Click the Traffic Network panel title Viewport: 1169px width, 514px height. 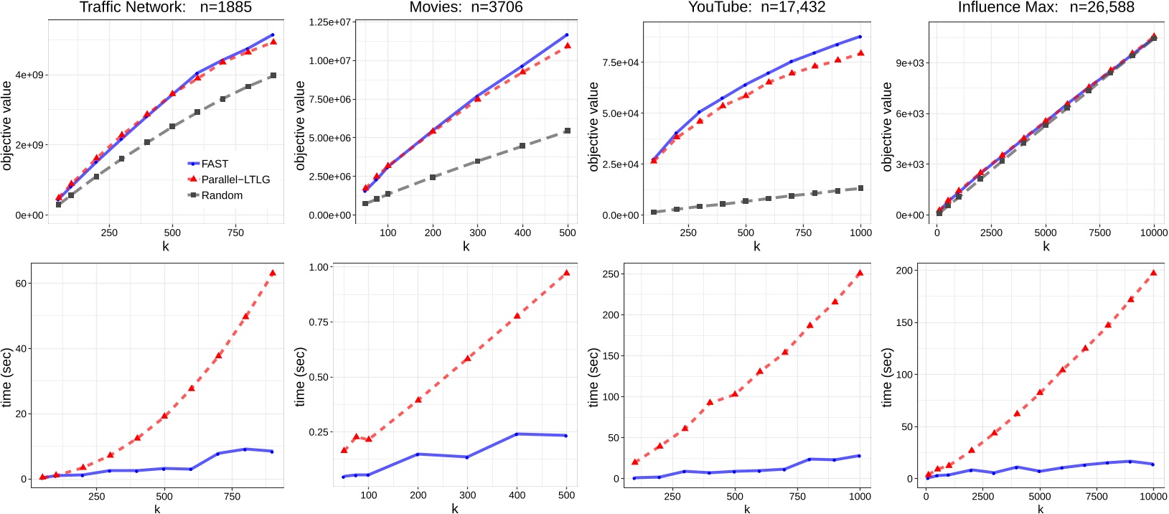[x=165, y=8]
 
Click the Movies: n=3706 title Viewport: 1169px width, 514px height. [x=466, y=8]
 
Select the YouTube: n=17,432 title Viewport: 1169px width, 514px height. [x=756, y=8]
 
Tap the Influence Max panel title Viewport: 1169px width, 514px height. [x=1046, y=8]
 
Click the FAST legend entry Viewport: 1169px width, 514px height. [x=215, y=164]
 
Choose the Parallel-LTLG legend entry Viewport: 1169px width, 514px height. [x=235, y=179]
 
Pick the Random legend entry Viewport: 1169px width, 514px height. [x=222, y=195]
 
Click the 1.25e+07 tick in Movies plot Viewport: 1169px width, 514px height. [x=329, y=22]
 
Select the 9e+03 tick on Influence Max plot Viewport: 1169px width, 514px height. [x=909, y=62]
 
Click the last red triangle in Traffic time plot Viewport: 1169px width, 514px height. [x=272, y=274]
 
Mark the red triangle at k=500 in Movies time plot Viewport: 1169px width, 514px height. [x=566, y=274]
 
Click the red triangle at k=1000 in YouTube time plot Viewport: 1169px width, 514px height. [x=859, y=274]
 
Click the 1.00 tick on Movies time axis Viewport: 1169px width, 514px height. [x=318, y=267]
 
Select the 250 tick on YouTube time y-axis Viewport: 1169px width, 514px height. [x=610, y=274]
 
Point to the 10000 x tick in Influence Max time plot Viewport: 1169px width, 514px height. [x=1152, y=495]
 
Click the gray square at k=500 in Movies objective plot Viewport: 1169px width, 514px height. [x=567, y=131]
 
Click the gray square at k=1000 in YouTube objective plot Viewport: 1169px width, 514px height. [x=860, y=188]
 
